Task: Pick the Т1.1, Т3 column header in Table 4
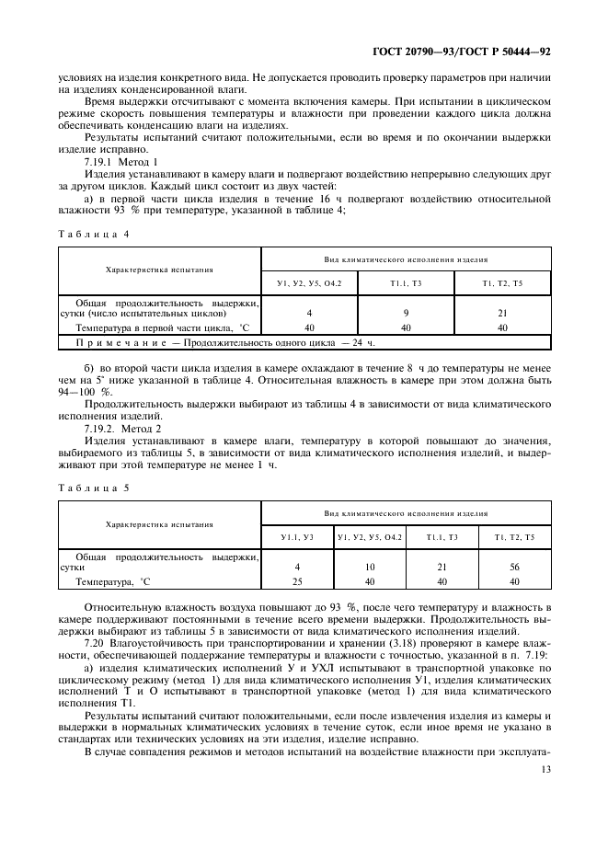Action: (406, 284)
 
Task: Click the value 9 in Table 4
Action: (406, 314)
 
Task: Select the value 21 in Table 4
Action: (502, 314)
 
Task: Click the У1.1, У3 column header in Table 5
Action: (297, 537)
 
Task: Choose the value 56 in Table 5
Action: (514, 568)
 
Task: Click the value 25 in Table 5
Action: (297, 581)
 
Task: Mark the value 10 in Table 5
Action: (369, 568)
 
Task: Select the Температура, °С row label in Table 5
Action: (113, 581)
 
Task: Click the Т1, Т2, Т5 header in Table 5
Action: (514, 537)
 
